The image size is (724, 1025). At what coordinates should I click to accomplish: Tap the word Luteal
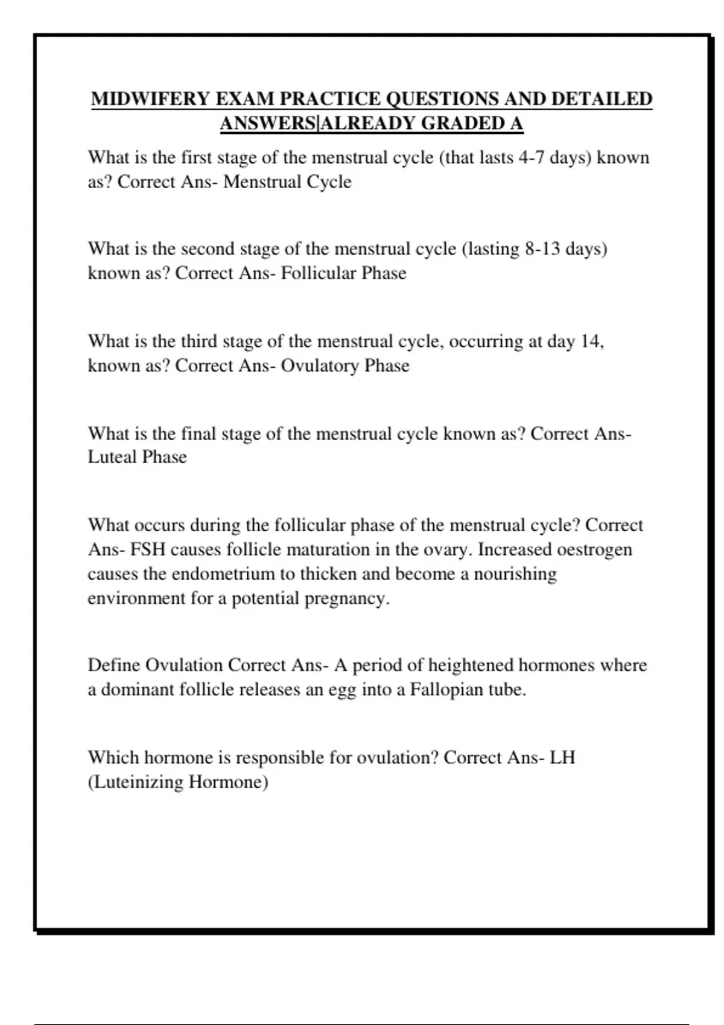point(112,457)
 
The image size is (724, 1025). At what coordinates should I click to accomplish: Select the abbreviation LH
point(562,757)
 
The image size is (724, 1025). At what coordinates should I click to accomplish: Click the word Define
point(113,665)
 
